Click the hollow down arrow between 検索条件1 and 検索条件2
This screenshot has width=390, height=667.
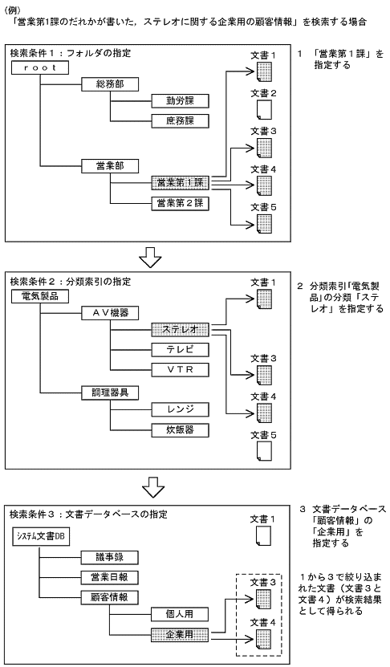pyautogui.click(x=150, y=258)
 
